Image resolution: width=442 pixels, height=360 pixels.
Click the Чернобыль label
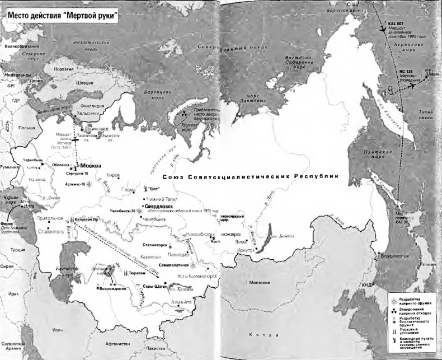[33, 160]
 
